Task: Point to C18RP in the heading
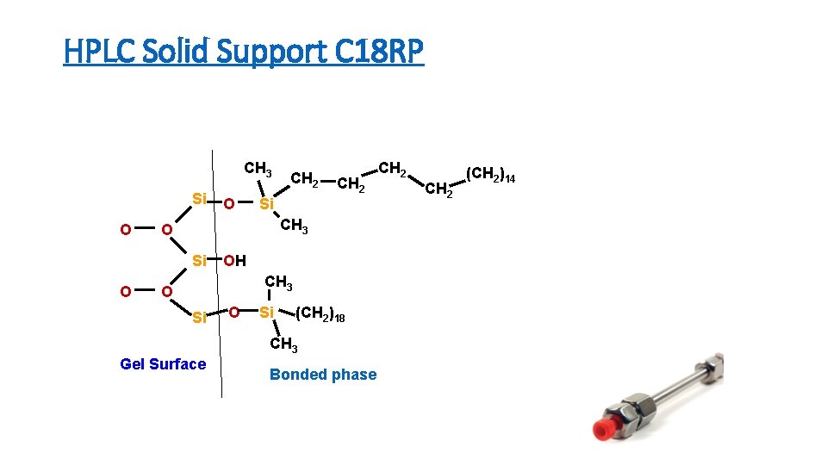point(390,53)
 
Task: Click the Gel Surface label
point(163,364)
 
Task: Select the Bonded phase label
point(323,375)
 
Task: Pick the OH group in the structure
point(234,261)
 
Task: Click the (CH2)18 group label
point(320,317)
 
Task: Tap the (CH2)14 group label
point(490,177)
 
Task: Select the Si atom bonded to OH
point(199,261)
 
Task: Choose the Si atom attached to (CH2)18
point(267,313)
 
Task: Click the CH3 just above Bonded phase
point(283,345)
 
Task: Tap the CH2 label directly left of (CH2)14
point(439,188)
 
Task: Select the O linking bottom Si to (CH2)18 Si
point(233,312)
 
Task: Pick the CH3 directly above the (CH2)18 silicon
point(278,282)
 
